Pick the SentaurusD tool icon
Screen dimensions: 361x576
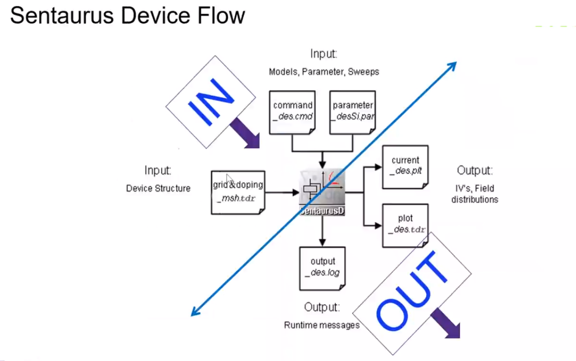click(322, 191)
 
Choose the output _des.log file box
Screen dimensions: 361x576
click(323, 268)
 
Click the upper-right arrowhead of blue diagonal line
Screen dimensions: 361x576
click(453, 64)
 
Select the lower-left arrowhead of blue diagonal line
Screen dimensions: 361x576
click(195, 312)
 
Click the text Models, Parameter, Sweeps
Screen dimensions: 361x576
click(324, 72)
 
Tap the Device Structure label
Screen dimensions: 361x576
click(158, 188)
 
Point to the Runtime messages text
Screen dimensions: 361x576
click(322, 325)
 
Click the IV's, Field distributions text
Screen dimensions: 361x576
click(474, 195)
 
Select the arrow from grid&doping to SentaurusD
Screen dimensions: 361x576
click(282, 193)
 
